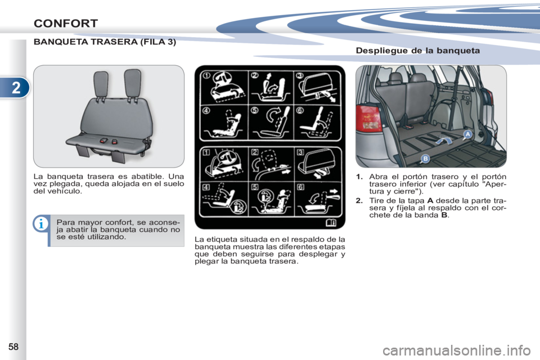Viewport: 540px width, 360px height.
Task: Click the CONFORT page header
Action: pyautogui.click(x=66, y=24)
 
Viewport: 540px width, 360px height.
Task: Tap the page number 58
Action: pyautogui.click(x=13, y=346)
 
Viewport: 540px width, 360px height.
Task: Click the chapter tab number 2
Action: pyautogui.click(x=16, y=88)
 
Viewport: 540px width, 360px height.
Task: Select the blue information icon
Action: pyautogui.click(x=40, y=224)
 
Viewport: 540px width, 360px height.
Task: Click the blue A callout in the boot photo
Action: pyautogui.click(x=467, y=134)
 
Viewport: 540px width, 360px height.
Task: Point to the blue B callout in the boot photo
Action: pyautogui.click(x=425, y=159)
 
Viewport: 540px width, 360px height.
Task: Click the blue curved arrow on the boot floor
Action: pyautogui.click(x=445, y=140)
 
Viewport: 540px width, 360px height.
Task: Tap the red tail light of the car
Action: pyautogui.click(x=368, y=118)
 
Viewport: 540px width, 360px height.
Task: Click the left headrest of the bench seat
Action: pyautogui.click(x=101, y=84)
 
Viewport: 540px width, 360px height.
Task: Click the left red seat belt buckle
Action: pyautogui.click(x=104, y=141)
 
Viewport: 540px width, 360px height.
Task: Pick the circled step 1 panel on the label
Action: pyautogui.click(x=224, y=88)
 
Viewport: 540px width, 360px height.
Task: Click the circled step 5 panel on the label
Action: pyautogui.click(x=271, y=123)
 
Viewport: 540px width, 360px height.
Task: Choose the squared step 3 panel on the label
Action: pyautogui.click(x=318, y=164)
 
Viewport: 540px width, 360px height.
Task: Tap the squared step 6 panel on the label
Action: pyautogui.click(x=318, y=199)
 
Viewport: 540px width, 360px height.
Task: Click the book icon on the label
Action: pyautogui.click(x=331, y=223)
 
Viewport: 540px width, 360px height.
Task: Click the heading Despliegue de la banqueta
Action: pyautogui.click(x=418, y=51)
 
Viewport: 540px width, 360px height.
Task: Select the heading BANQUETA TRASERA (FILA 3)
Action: pyautogui.click(x=105, y=42)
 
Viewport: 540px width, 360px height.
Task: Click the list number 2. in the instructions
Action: pyautogui.click(x=359, y=200)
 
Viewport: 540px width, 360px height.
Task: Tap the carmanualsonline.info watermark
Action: pyautogui.click(x=457, y=350)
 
